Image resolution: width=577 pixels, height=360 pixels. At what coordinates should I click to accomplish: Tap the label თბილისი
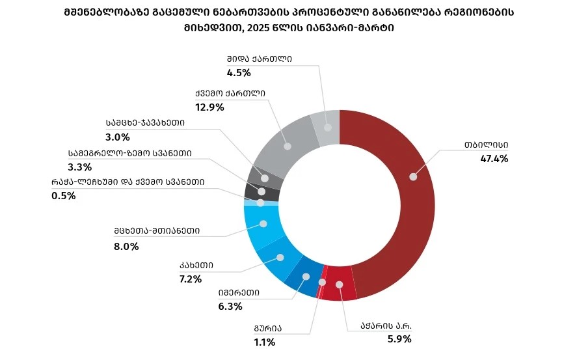point(486,145)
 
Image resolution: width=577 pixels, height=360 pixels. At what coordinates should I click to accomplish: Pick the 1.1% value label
point(265,342)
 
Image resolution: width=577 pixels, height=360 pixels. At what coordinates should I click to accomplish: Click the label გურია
point(268,329)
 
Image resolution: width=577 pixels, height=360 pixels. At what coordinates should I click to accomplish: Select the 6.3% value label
point(230,306)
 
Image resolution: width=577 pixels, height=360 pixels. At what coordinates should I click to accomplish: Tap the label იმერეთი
point(239,293)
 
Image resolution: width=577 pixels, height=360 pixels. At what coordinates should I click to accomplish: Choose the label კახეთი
point(196,266)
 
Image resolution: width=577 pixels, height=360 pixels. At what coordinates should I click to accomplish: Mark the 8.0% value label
point(126,246)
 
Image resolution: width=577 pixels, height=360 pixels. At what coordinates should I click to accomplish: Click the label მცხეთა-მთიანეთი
point(156,230)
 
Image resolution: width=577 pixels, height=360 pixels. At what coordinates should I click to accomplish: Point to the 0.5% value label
point(63,195)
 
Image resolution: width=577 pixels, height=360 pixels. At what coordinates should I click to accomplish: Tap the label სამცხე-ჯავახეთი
point(145,122)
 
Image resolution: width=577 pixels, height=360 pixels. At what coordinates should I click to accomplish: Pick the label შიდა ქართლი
point(260,59)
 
